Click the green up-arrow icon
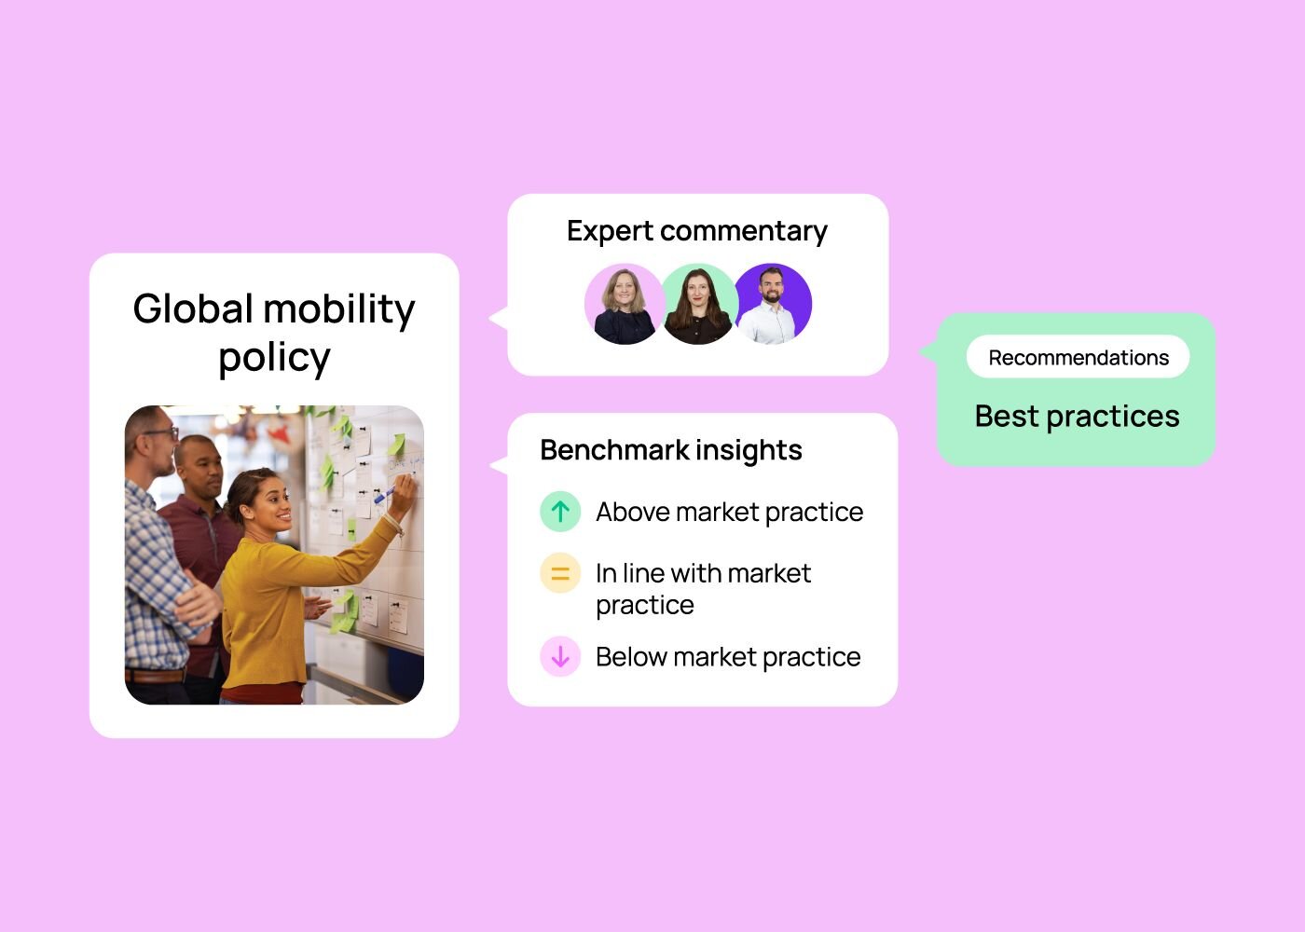560,512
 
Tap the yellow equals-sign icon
560,573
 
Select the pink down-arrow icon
560,656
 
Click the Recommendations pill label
1078,357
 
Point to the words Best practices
1078,417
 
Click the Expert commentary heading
697,231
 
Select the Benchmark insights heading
671,450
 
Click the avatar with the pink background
624,304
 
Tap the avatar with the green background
698,304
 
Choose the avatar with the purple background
773,304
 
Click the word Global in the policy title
192,308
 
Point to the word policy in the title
274,358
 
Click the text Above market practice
729,513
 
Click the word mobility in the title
339,308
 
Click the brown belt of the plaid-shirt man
156,676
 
